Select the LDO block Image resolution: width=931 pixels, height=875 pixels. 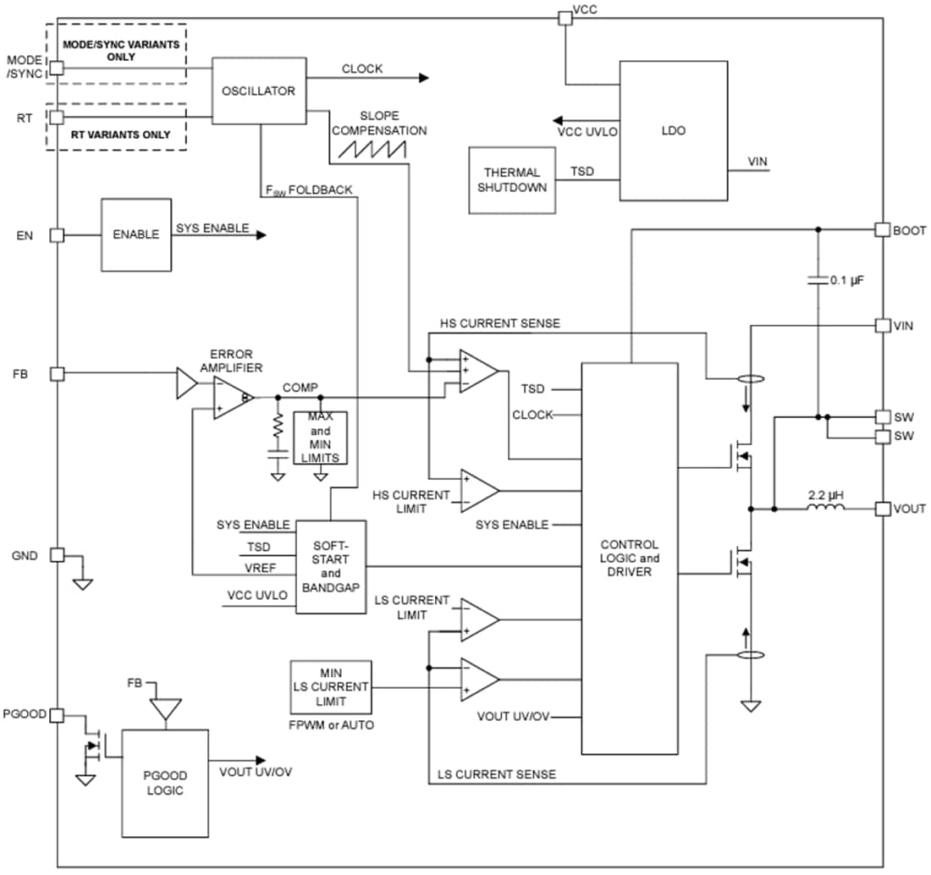point(673,130)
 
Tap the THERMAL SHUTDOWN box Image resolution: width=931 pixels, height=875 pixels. point(512,179)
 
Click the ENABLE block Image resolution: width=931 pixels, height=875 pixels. point(135,235)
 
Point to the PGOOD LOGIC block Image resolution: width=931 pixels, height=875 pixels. point(166,782)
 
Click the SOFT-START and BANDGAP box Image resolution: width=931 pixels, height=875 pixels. point(331,566)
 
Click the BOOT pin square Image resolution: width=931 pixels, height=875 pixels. point(881,229)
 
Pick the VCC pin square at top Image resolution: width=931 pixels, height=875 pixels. point(565,17)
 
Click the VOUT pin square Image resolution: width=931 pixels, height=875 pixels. point(881,509)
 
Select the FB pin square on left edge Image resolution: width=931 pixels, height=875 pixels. point(57,373)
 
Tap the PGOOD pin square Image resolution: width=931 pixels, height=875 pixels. point(57,715)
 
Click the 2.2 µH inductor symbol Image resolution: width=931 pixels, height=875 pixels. point(824,509)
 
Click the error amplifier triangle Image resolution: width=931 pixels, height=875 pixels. point(231,396)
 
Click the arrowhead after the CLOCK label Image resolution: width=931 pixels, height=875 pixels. point(422,78)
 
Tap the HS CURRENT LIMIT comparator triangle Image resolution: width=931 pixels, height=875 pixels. point(478,491)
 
